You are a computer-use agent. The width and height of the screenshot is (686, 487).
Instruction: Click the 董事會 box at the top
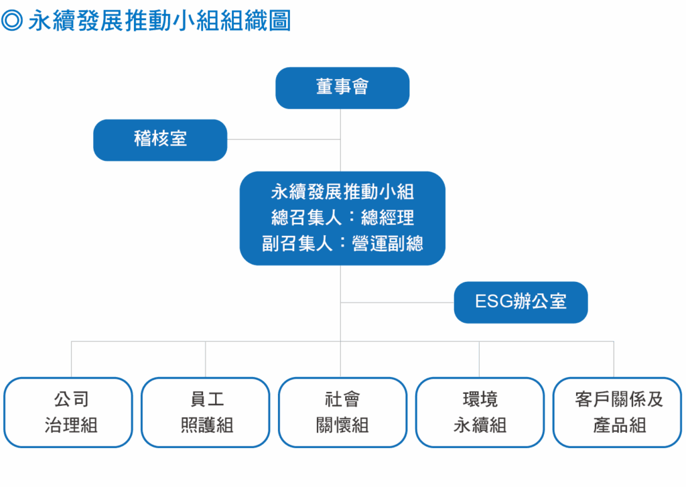(342, 87)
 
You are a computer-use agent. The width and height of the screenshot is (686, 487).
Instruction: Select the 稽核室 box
(160, 139)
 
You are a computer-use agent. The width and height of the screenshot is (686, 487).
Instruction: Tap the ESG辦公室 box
(521, 301)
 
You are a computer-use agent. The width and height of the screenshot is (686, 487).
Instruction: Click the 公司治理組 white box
(68, 412)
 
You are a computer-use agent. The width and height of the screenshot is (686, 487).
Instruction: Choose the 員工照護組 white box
(206, 412)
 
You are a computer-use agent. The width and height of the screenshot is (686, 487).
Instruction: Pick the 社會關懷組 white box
(342, 412)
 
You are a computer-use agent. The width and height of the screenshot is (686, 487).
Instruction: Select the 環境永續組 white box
(480, 412)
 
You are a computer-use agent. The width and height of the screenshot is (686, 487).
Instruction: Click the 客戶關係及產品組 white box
(617, 412)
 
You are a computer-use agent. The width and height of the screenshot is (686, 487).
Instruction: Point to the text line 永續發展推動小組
(342, 193)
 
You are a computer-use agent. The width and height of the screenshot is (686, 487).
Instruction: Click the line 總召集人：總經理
(342, 218)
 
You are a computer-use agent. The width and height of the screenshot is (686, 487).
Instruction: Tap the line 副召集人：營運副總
(342, 243)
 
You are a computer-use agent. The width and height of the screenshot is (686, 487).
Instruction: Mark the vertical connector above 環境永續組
(480, 359)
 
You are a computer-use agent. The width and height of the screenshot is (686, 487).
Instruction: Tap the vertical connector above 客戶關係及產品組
(614, 359)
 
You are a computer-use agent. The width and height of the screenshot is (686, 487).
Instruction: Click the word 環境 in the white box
(480, 400)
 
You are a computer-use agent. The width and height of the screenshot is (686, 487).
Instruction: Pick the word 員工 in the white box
(206, 400)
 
